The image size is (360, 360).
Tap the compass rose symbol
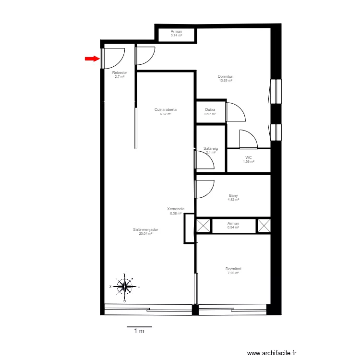click(x=125, y=287)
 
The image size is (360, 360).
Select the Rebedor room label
click(x=119, y=73)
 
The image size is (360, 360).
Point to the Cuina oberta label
click(x=166, y=110)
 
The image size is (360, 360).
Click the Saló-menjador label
click(x=145, y=229)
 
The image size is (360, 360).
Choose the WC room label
click(x=248, y=158)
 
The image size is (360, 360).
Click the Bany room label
click(x=233, y=195)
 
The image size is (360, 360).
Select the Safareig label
click(x=211, y=148)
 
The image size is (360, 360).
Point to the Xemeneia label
click(x=176, y=209)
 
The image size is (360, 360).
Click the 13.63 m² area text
click(x=225, y=81)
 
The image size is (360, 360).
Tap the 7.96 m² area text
click(x=233, y=273)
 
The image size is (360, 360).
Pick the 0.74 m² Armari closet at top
click(x=176, y=34)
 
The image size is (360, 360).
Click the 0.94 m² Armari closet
click(x=233, y=225)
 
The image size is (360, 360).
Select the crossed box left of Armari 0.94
click(x=203, y=225)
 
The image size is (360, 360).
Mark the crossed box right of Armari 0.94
click(x=264, y=225)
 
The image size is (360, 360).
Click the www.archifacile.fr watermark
click(x=272, y=353)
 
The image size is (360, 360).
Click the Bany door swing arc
click(x=205, y=189)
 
